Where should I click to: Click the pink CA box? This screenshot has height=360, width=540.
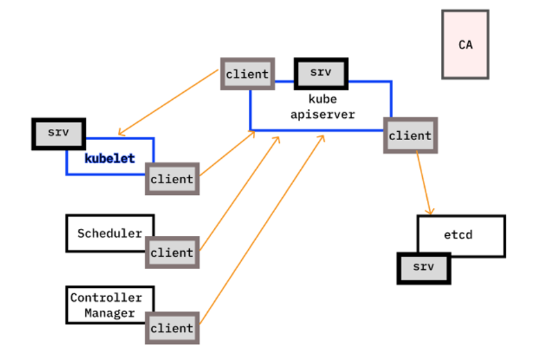coord(465,44)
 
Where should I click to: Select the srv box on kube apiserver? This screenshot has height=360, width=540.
coord(320,74)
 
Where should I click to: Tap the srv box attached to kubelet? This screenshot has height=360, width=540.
coord(58,133)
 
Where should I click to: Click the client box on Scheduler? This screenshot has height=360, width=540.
coord(172,252)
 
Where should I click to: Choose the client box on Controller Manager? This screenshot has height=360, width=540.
coord(172,327)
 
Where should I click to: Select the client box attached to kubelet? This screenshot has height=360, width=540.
coord(172,179)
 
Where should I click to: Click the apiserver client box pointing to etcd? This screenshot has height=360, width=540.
coord(410,136)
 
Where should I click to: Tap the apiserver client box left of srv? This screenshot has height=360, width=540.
coord(247,74)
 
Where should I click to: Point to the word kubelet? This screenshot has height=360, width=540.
coord(110,158)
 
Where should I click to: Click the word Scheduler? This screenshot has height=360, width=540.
coord(110,233)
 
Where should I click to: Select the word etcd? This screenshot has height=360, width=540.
coord(458,235)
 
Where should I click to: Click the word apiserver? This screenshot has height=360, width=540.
coord(322,114)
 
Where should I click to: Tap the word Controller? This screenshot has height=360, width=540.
coord(105,298)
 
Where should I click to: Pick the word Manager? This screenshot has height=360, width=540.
coord(110,313)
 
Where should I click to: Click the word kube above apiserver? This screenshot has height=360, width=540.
coord(322,99)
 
